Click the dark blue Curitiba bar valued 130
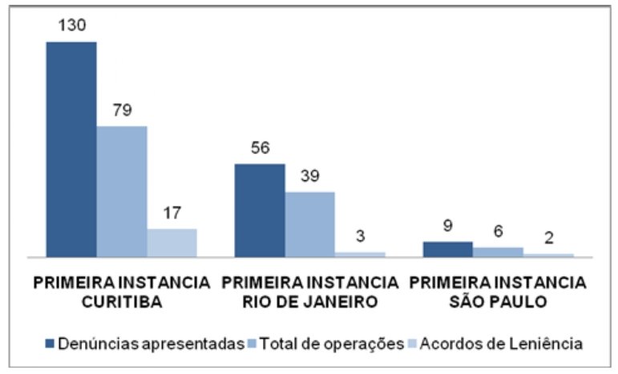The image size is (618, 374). pyautogui.click(x=71, y=149)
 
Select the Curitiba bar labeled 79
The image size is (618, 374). pyautogui.click(x=122, y=191)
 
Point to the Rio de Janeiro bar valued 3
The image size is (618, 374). pyautogui.click(x=360, y=254)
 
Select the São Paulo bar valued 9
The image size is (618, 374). pyautogui.click(x=447, y=249)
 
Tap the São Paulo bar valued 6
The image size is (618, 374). pyautogui.click(x=498, y=251)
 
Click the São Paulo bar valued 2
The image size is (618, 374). pyautogui.click(x=548, y=255)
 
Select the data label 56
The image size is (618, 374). pyautogui.click(x=259, y=149)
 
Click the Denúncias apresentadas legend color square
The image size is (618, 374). pyautogui.click(x=50, y=344)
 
